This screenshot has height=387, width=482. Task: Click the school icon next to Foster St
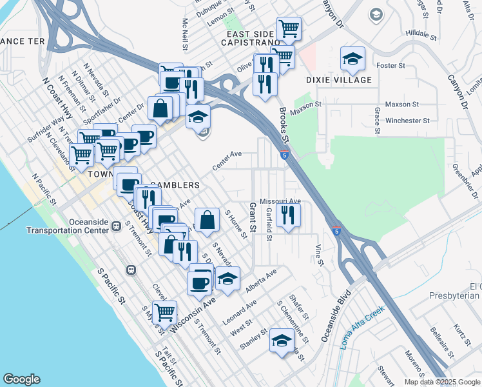click(352, 60)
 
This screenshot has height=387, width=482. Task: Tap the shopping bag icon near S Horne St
click(207, 220)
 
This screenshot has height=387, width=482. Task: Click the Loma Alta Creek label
click(362, 326)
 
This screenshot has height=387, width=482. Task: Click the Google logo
click(21, 379)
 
